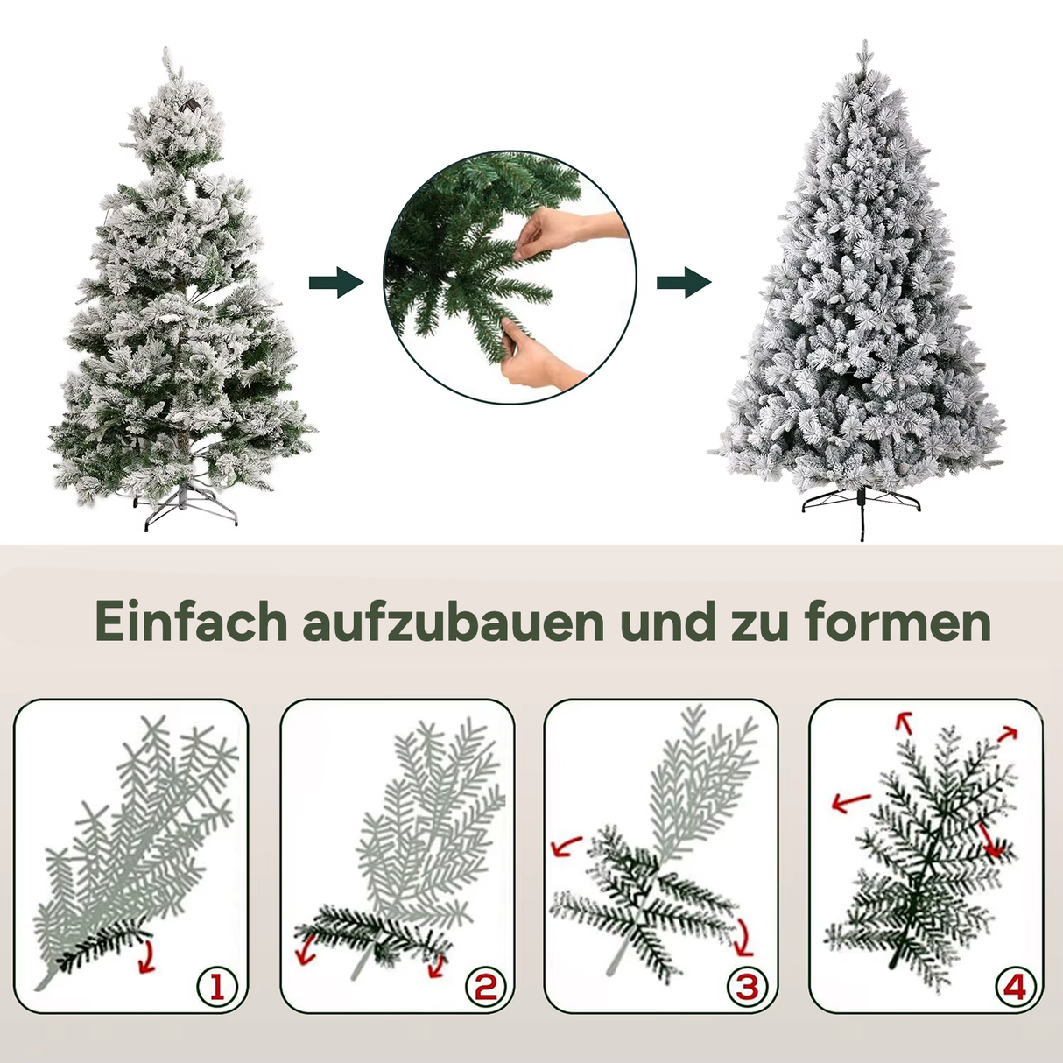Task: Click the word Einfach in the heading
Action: [x=191, y=623]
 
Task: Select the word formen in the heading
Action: [x=898, y=623]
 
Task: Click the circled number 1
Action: [x=216, y=988]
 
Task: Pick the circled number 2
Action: [x=485, y=988]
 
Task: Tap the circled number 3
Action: [x=747, y=988]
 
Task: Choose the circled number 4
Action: [x=1014, y=988]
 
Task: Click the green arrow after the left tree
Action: [x=335, y=283]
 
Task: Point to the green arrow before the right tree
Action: [x=684, y=283]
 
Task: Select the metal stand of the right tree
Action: [x=862, y=508]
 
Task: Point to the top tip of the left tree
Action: [x=166, y=56]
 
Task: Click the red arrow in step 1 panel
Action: [x=147, y=956]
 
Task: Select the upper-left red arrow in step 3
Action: [x=567, y=846]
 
